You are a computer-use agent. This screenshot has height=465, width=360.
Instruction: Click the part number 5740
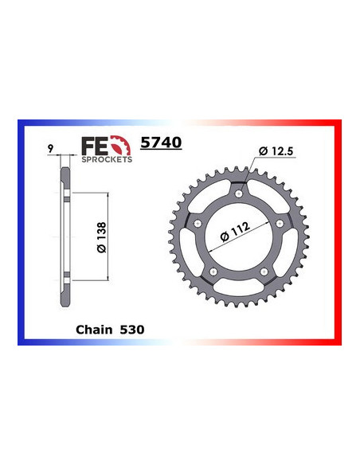(x=160, y=143)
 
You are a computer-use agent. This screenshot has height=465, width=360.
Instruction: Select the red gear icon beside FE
(x=121, y=146)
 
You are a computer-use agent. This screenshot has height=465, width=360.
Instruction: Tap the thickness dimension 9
(x=50, y=148)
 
